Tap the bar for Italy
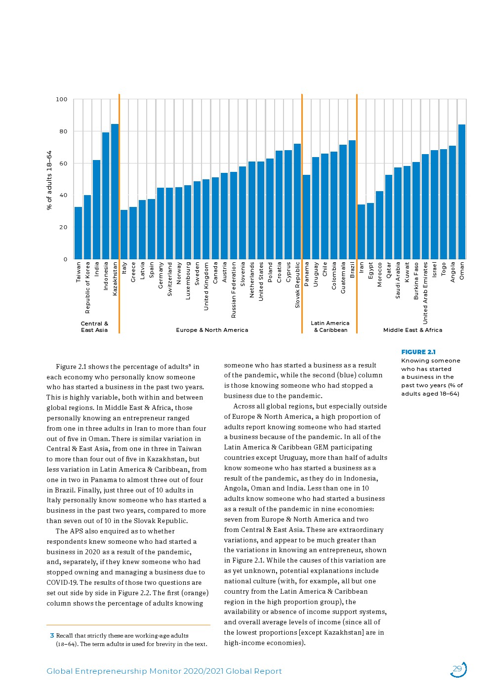(x=124, y=235)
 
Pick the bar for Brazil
(x=352, y=200)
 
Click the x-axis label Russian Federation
(x=234, y=289)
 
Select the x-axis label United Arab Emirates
(x=425, y=293)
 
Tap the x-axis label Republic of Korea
(x=87, y=287)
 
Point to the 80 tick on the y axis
(x=63, y=131)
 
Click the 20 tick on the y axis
(x=63, y=227)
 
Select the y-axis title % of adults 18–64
(x=49, y=180)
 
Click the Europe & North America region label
(x=212, y=330)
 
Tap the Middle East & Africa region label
(x=412, y=330)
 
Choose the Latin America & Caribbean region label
(x=330, y=326)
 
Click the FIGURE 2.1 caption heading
(x=418, y=352)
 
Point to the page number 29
(x=457, y=669)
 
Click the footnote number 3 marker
(x=51, y=636)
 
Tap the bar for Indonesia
(x=106, y=196)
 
